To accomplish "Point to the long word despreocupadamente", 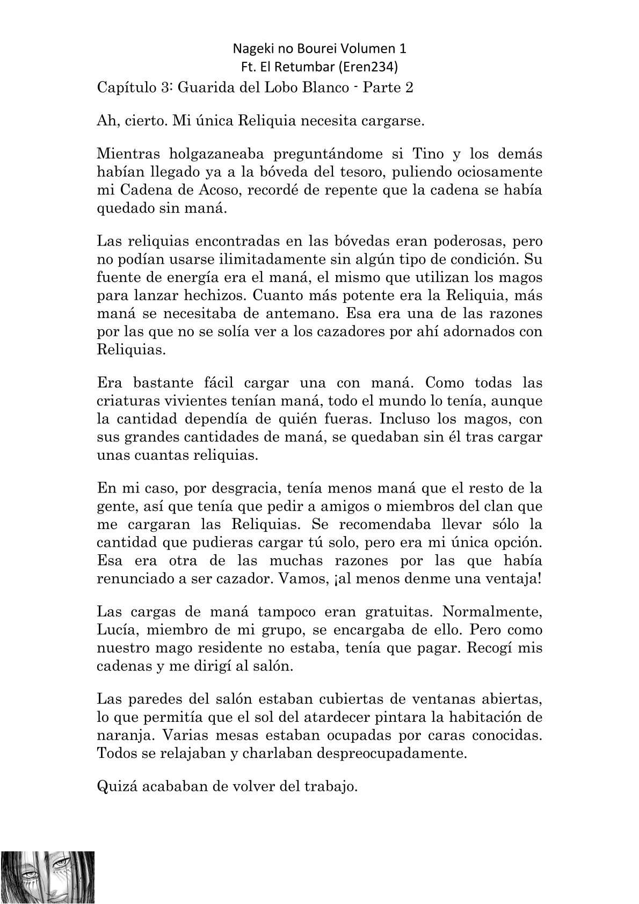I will [x=376, y=753].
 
